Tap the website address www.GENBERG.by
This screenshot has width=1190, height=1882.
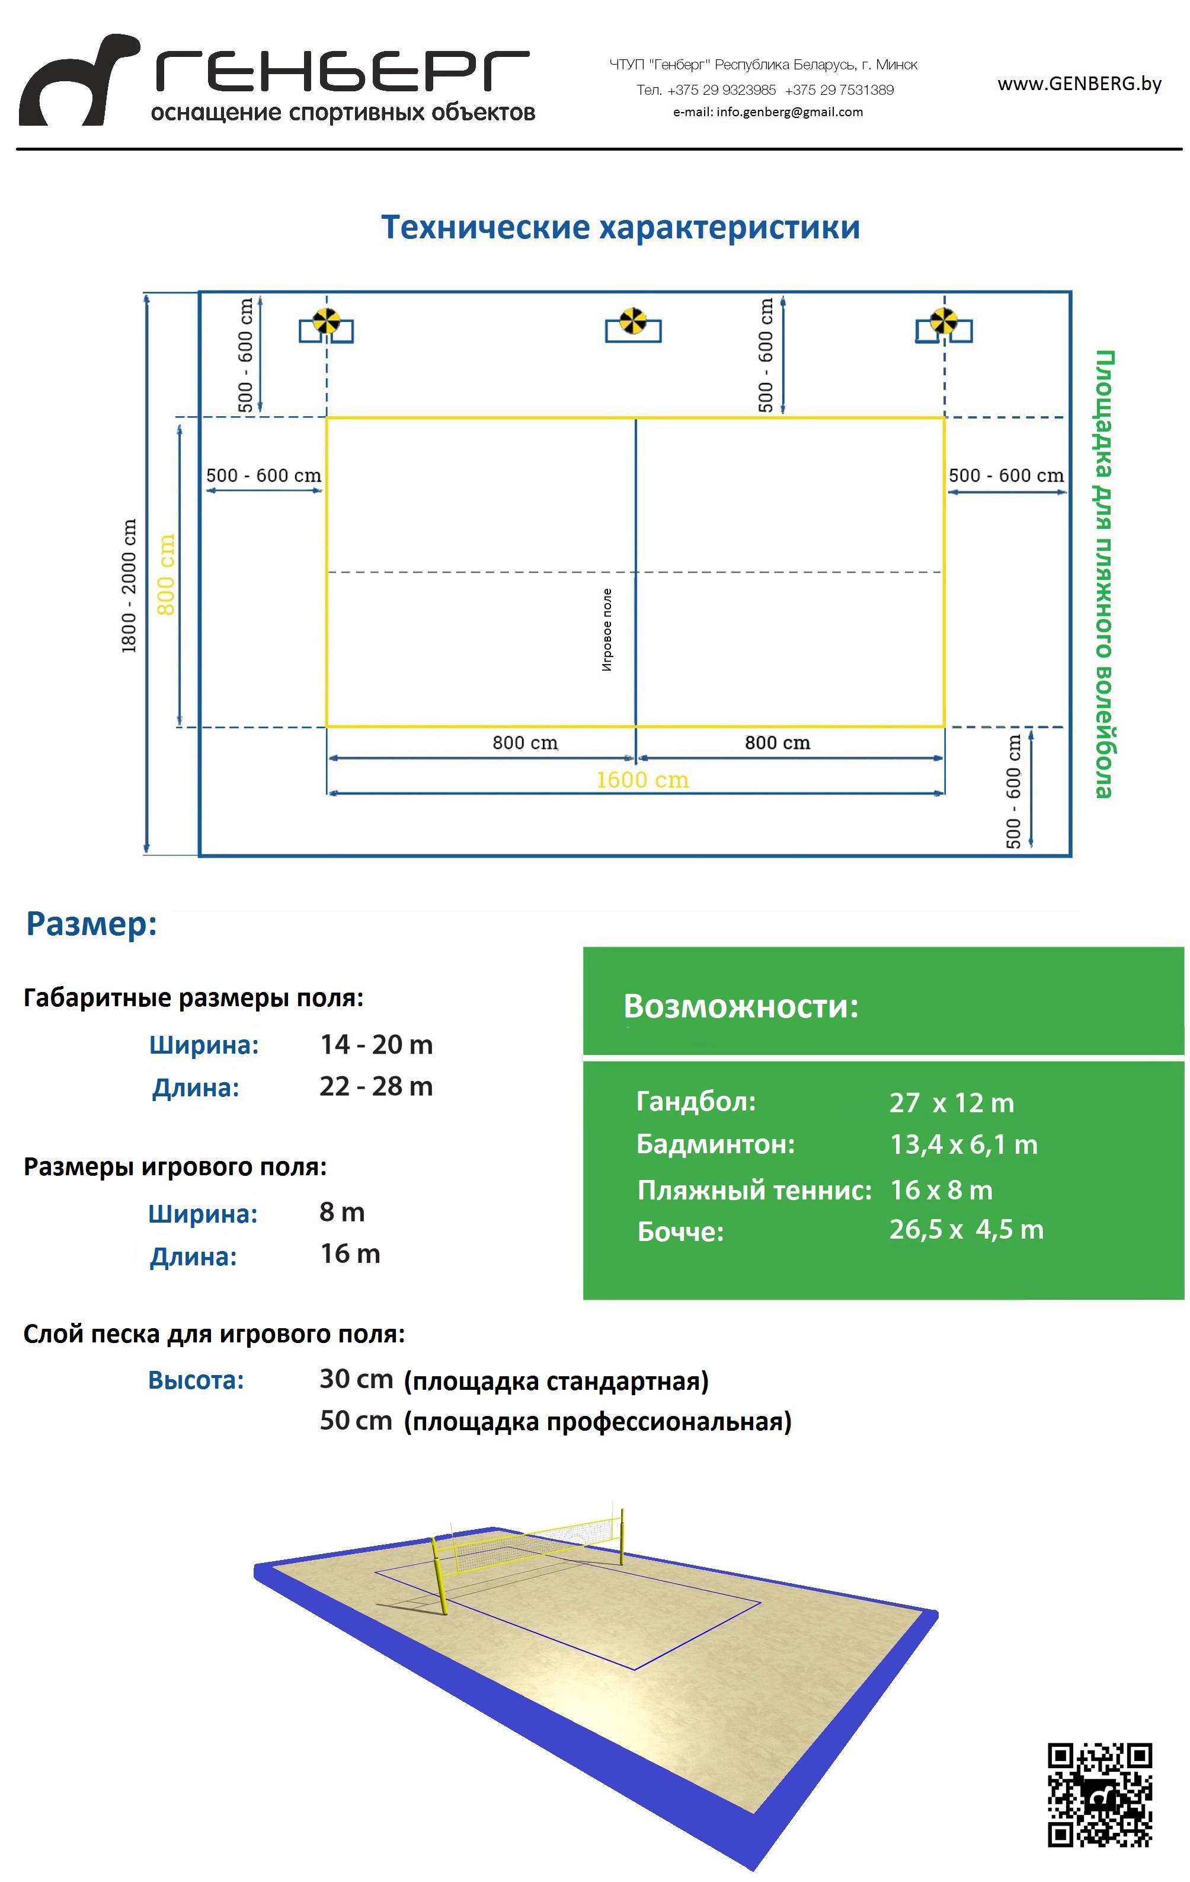click(1079, 84)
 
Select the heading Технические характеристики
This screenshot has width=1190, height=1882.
click(620, 228)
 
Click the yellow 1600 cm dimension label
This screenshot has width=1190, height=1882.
click(642, 780)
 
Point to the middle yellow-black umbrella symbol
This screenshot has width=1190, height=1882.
click(633, 320)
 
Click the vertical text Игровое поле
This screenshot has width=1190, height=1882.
click(607, 630)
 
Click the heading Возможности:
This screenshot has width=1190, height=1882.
click(741, 1007)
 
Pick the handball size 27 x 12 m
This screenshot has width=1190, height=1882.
click(951, 1103)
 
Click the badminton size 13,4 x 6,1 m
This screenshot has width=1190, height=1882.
click(964, 1145)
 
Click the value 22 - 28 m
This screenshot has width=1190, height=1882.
click(376, 1086)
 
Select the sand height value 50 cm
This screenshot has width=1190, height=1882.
click(356, 1421)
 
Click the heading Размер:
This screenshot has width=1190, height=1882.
click(91, 924)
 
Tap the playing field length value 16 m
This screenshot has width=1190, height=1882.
click(350, 1255)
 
